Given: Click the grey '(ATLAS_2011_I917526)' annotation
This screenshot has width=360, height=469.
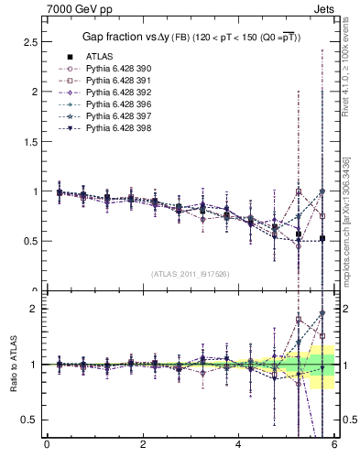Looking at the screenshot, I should (x=191, y=273).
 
